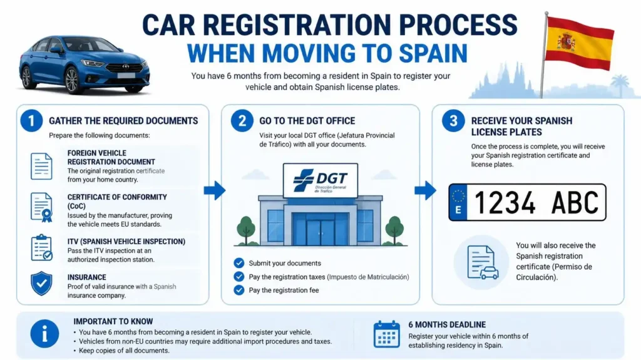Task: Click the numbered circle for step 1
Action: point(31,121)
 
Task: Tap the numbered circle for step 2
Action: point(242,121)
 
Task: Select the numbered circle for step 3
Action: point(453,121)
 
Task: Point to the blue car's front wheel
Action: point(72,80)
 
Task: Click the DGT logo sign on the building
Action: point(320,180)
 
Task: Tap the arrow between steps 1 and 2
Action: point(215,190)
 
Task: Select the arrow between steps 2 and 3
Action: point(426,190)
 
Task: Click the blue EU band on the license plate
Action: point(458,202)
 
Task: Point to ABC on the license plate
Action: point(575,202)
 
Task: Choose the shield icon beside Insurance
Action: point(41,284)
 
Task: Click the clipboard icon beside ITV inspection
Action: point(42,248)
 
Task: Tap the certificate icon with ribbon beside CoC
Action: point(42,207)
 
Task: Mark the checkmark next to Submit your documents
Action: point(238,262)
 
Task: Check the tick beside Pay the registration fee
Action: point(238,290)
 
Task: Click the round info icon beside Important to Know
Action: point(44,334)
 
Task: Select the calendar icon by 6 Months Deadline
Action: point(387,334)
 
